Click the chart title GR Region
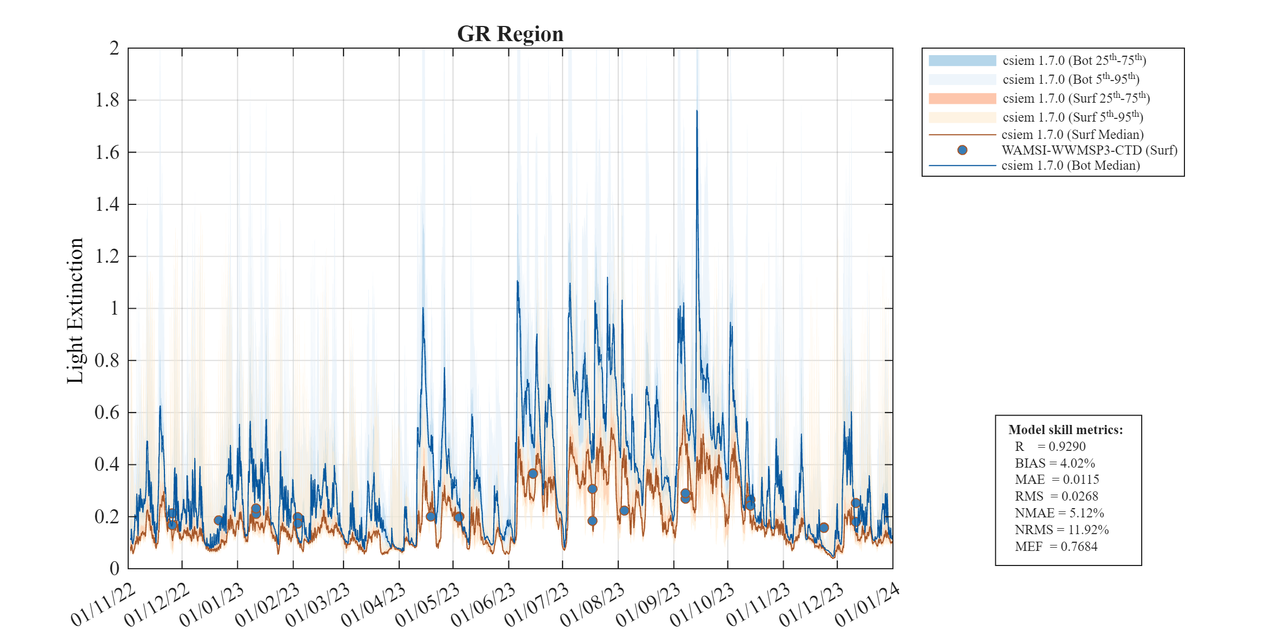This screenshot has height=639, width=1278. pos(510,34)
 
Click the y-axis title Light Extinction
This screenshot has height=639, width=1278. pos(75,311)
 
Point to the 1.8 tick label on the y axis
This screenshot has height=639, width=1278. pos(107,100)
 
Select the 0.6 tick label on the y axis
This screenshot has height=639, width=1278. pos(107,412)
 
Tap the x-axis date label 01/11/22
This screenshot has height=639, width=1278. pos(103,605)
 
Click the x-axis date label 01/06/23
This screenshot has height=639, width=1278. pos(482,605)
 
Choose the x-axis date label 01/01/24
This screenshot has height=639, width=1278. pos(866,605)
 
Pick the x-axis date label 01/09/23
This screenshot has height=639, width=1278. pos(647,605)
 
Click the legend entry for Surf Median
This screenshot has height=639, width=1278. pos(1072,135)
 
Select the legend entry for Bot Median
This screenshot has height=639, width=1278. pos(1070,165)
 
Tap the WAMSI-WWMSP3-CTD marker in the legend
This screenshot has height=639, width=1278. pos(962,150)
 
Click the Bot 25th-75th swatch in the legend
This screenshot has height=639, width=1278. pos(962,61)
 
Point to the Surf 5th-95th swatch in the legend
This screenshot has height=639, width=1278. pos(962,117)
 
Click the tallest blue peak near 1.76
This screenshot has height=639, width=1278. pos(697,111)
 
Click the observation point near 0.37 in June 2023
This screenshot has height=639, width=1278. pos(533,474)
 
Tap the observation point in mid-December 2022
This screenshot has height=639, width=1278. pos(218,520)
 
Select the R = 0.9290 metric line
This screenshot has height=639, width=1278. pos(1050,447)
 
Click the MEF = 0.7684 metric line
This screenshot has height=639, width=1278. pos(1056,547)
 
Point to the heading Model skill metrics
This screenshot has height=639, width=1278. pos(1065,430)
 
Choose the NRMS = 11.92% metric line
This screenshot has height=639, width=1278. pos(1061,530)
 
